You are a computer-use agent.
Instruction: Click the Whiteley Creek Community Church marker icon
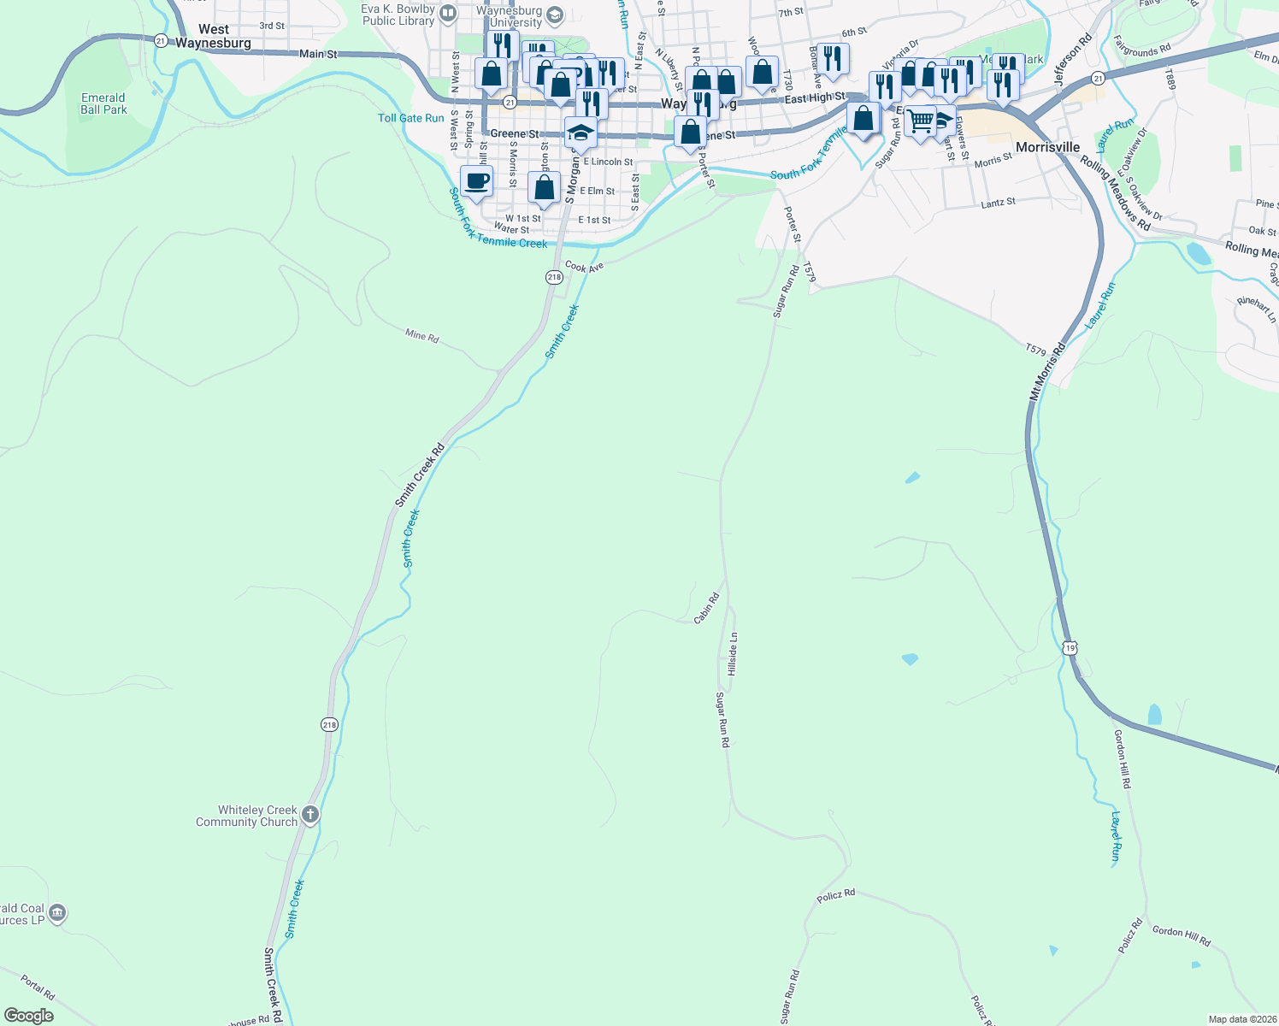pos(310,815)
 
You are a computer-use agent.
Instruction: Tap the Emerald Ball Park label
pos(103,103)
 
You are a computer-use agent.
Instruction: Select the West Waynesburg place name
pos(213,36)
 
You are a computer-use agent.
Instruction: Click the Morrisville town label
pos(1047,147)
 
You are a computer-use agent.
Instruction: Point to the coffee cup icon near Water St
pos(477,181)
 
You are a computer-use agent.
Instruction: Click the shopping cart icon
pos(920,121)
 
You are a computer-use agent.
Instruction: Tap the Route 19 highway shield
pos(1070,648)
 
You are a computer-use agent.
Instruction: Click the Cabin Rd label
pos(707,608)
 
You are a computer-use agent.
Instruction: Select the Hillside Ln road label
pos(733,654)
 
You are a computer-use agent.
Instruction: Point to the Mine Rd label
pos(422,336)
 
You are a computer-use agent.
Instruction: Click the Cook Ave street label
pos(584,268)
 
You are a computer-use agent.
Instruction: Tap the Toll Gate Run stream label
pos(411,118)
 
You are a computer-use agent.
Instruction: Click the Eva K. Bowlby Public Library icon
pos(448,14)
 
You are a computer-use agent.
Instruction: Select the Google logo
pos(29,1016)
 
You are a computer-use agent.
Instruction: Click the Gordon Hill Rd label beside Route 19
pos(1123,758)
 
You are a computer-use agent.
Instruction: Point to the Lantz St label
pos(998,203)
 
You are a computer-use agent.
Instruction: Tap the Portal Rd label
pos(38,988)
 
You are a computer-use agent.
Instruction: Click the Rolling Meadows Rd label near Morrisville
pos(1115,192)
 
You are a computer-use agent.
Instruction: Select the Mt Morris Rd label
pos(1048,372)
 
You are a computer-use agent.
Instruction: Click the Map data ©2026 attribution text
pos(1241,1019)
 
